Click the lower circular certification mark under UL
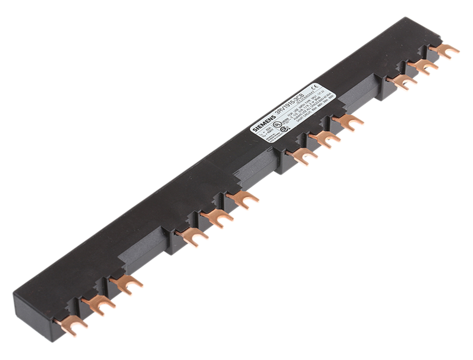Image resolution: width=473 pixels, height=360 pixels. pos(283,129)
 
